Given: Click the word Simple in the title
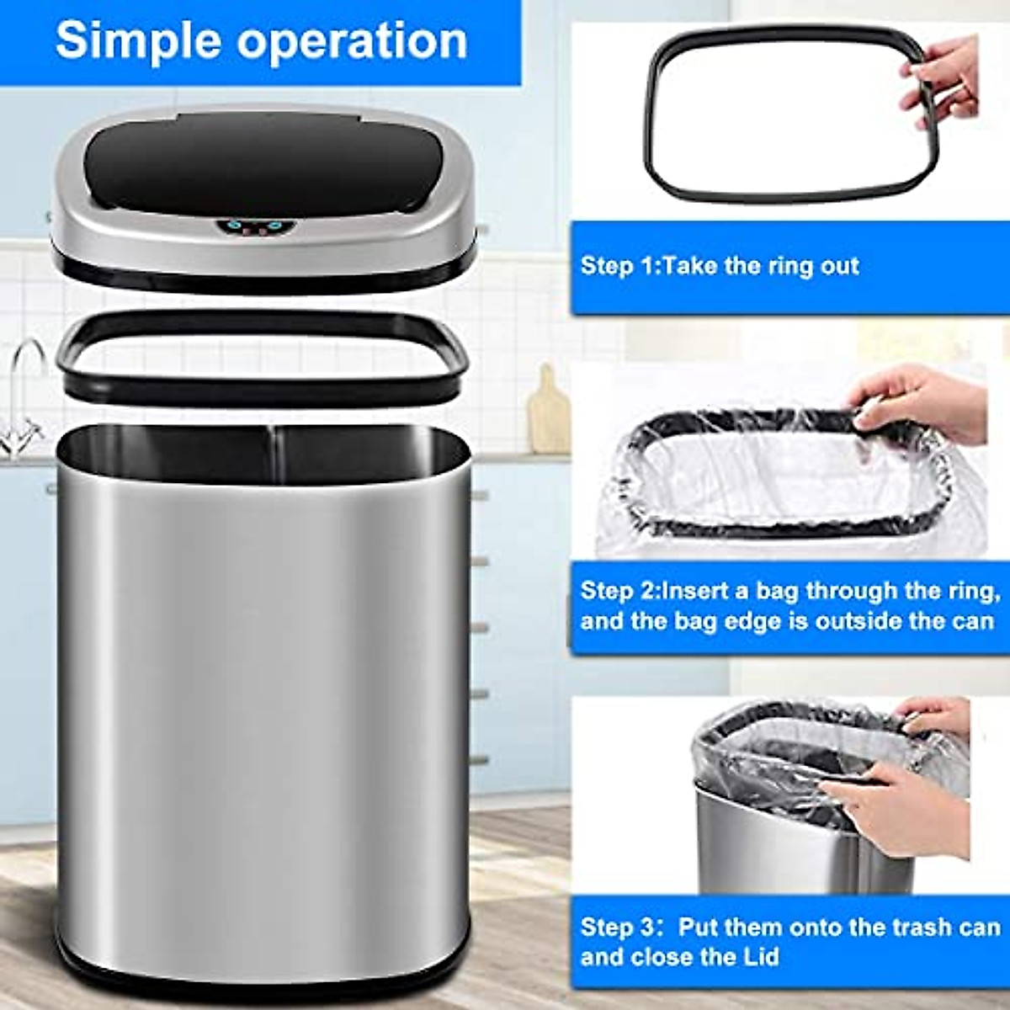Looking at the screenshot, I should [x=139, y=40].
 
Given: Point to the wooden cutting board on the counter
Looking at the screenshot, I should [x=549, y=412].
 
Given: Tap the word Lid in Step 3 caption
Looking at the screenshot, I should [x=762, y=957].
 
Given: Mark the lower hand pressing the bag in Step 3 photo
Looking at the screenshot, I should [x=905, y=808].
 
